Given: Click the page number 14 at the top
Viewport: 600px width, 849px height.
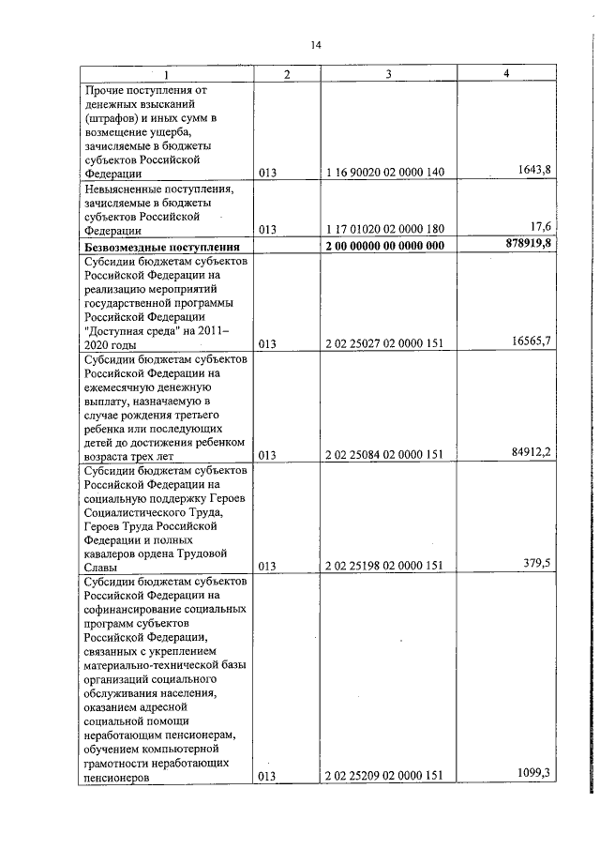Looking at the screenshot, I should [x=316, y=45].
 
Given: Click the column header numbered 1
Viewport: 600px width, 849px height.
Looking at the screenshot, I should [x=166, y=74].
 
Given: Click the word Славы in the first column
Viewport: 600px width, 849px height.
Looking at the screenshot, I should [x=101, y=567].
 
